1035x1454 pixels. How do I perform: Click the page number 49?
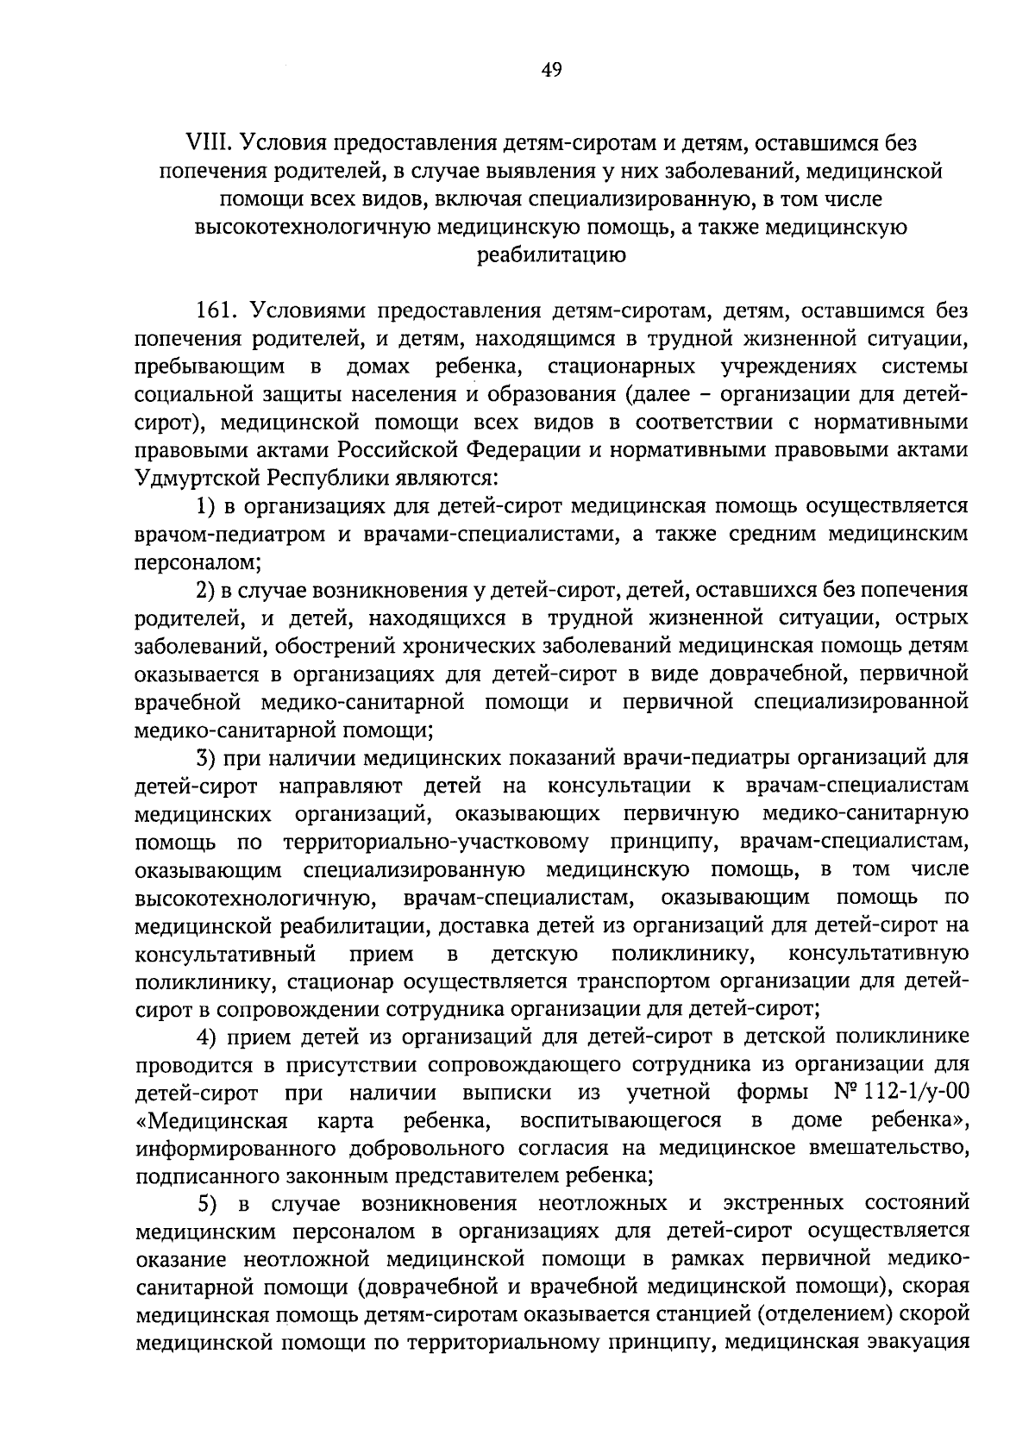click(x=551, y=71)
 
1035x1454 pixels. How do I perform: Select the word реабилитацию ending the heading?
click(x=551, y=254)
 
